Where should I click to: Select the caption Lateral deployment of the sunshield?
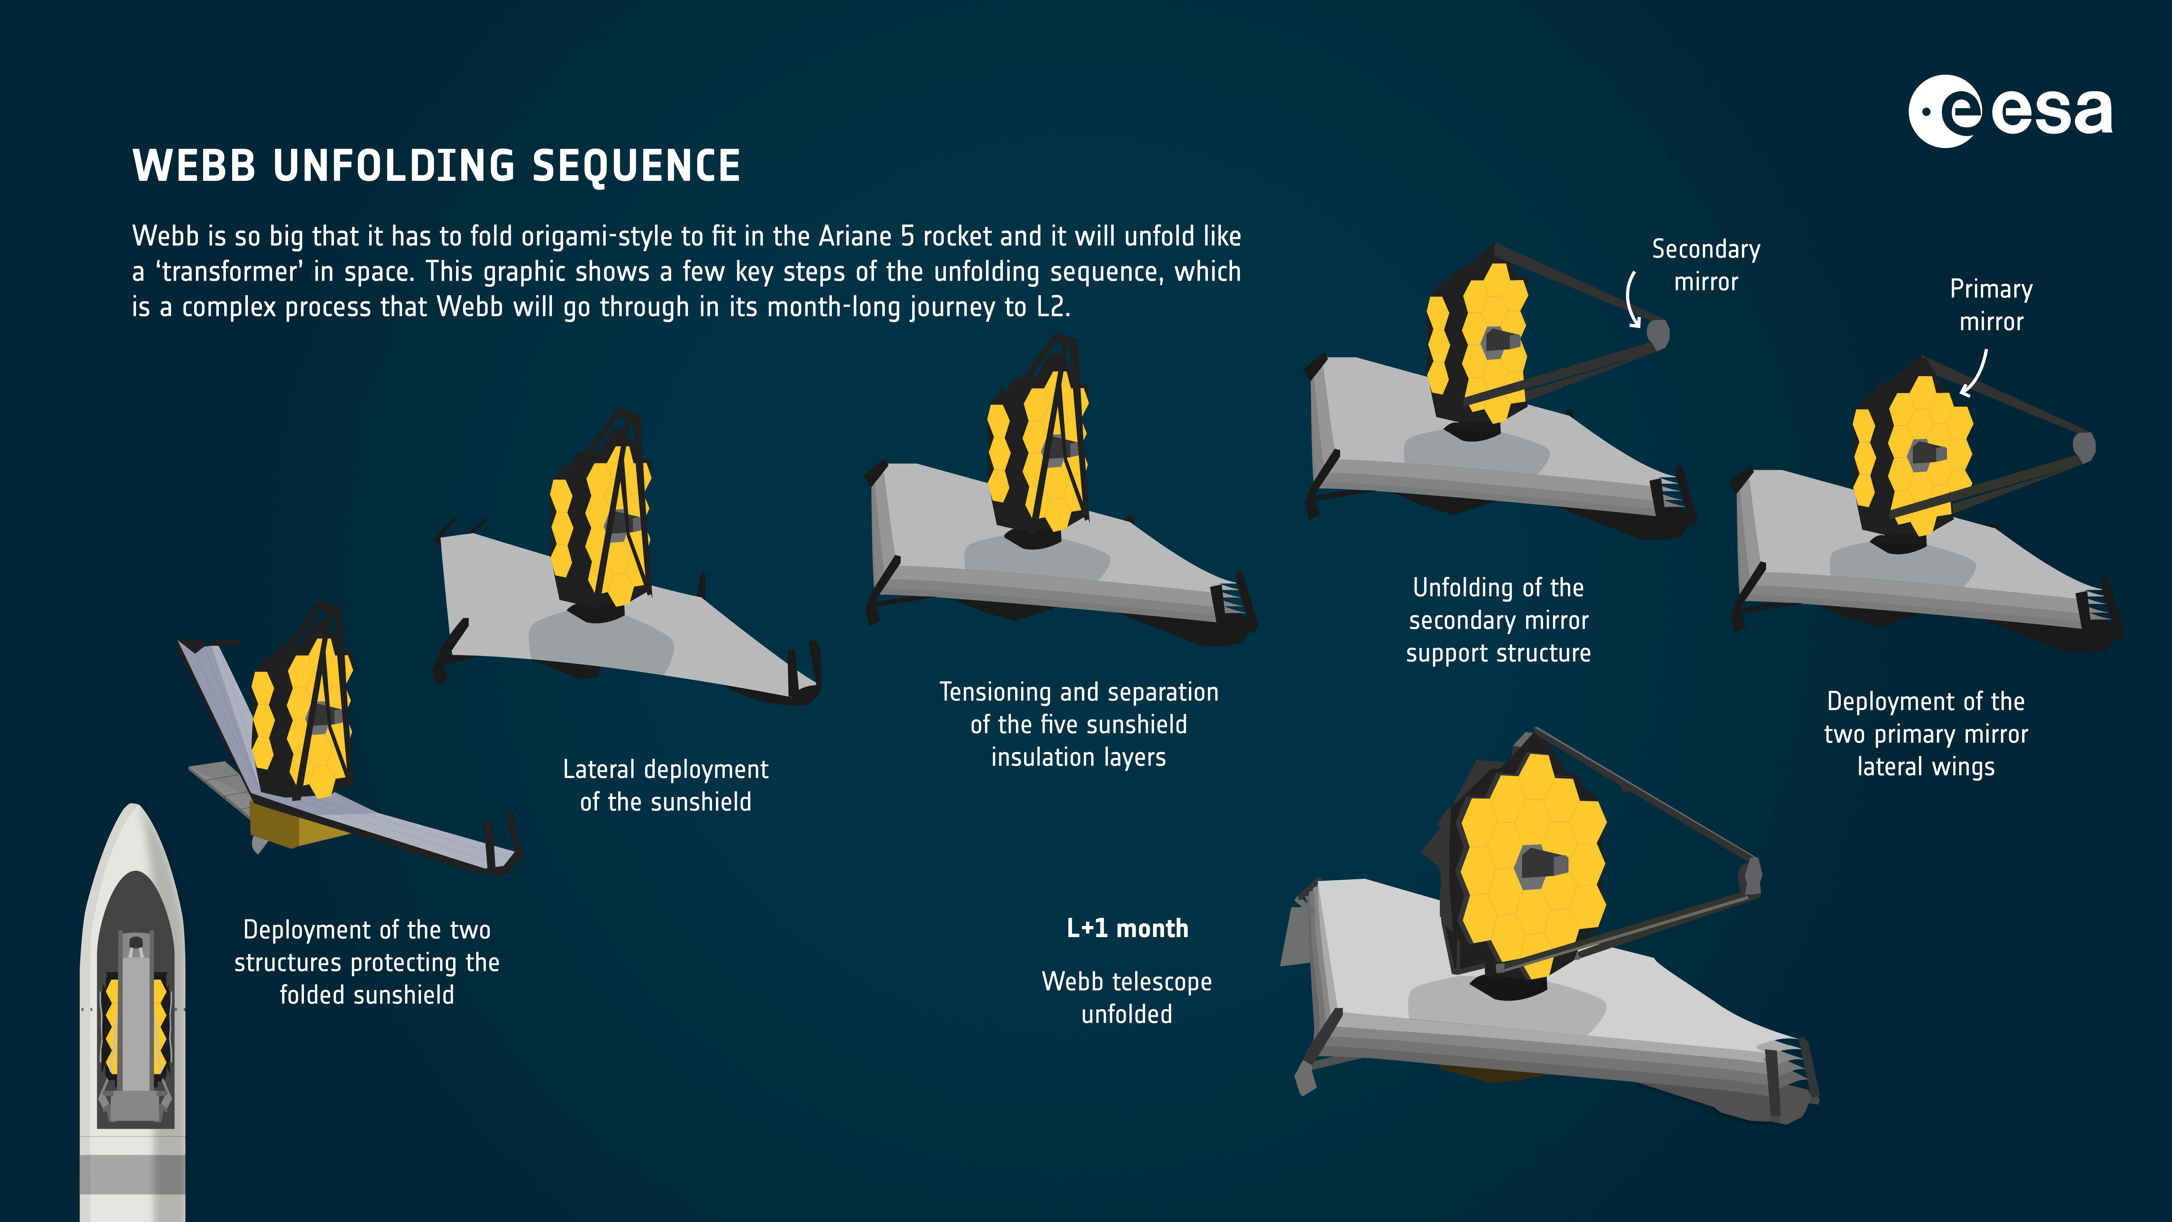click(x=665, y=785)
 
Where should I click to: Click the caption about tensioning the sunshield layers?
click(x=1078, y=725)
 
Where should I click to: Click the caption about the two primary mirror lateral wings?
click(x=1926, y=734)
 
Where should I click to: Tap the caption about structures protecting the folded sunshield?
click(x=367, y=962)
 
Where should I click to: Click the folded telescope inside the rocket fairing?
click(x=135, y=1025)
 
